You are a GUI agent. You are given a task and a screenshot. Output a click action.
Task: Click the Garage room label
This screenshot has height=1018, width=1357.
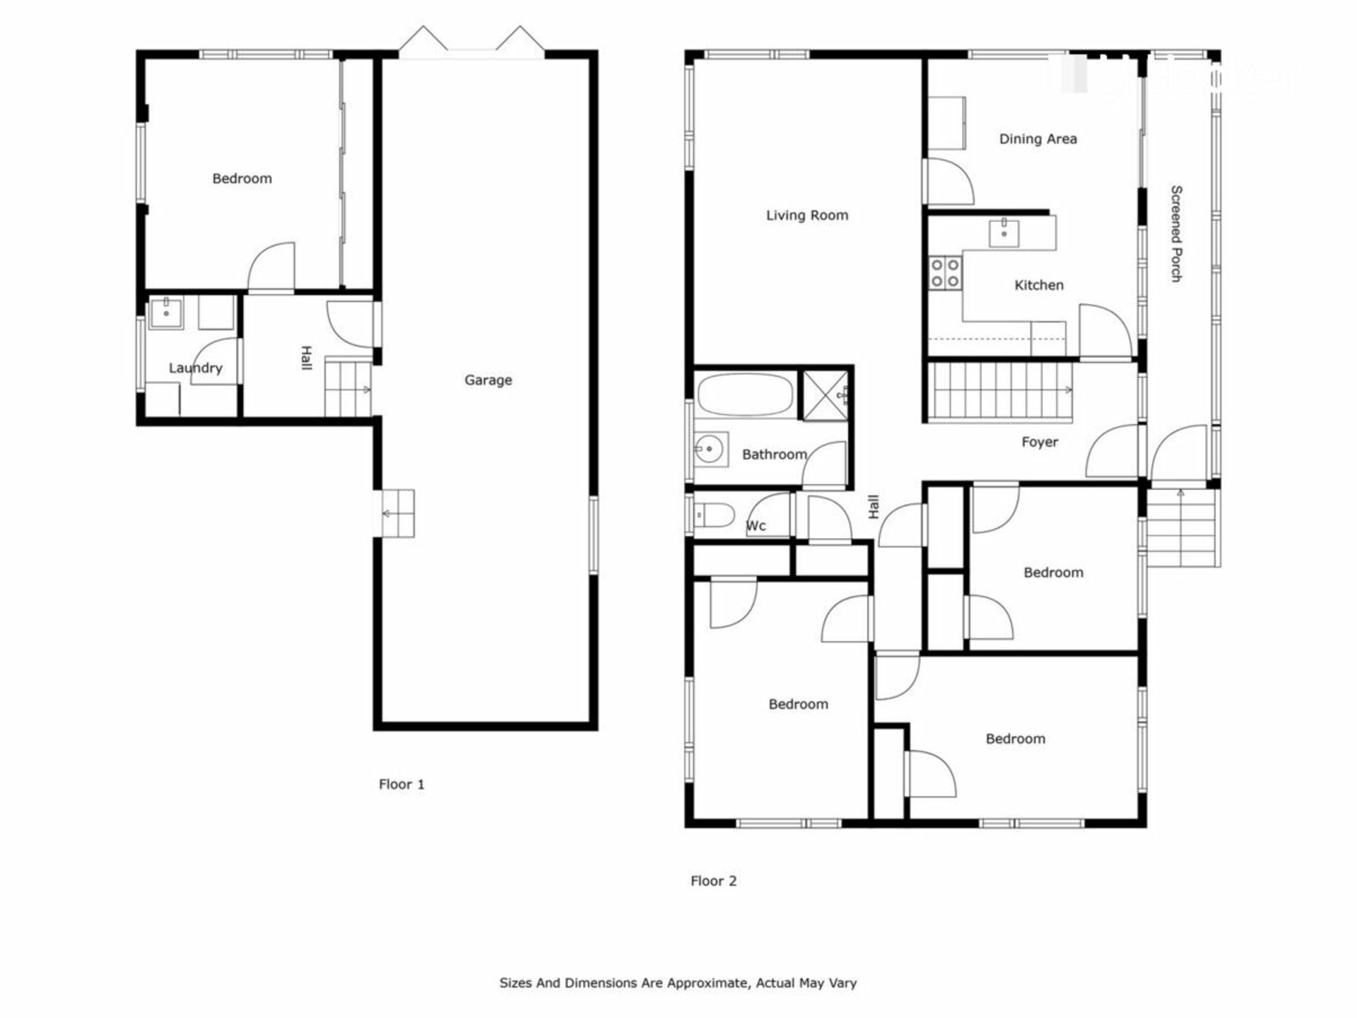coord(488,380)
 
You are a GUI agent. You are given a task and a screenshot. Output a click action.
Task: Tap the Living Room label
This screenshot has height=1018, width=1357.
coord(807,216)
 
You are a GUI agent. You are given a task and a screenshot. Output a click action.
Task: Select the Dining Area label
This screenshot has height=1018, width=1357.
coord(1038,139)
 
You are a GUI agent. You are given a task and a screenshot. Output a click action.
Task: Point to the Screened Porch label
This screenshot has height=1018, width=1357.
coord(1176,234)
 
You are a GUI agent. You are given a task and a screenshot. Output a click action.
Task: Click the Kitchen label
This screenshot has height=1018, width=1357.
coord(1038,285)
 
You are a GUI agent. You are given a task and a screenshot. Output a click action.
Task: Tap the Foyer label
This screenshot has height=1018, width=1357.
coord(1040,443)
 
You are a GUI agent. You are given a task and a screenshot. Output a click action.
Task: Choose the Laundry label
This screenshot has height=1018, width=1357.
coord(195,368)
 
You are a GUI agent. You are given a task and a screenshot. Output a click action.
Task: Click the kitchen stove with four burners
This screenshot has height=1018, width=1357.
coord(945,273)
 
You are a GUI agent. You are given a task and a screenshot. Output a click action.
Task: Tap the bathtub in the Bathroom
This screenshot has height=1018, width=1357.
coord(746,394)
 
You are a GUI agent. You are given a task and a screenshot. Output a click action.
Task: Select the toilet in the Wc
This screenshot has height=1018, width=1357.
coord(715,515)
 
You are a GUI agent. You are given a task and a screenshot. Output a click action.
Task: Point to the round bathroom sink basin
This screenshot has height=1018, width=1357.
coord(710,449)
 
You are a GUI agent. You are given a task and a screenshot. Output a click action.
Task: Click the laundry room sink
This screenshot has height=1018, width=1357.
coord(166,312)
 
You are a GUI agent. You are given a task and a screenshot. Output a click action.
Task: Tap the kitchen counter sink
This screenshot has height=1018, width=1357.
coord(1004,233)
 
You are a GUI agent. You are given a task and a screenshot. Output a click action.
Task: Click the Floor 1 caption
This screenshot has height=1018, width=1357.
coord(401,784)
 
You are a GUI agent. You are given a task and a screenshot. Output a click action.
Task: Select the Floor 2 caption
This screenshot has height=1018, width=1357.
coord(713,881)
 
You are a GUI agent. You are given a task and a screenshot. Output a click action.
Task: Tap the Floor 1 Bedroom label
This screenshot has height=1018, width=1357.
coord(242,179)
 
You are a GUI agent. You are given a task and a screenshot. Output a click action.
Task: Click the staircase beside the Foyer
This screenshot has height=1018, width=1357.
coord(1000,392)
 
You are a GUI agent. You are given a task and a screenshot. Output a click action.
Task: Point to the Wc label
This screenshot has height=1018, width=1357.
coord(756,526)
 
